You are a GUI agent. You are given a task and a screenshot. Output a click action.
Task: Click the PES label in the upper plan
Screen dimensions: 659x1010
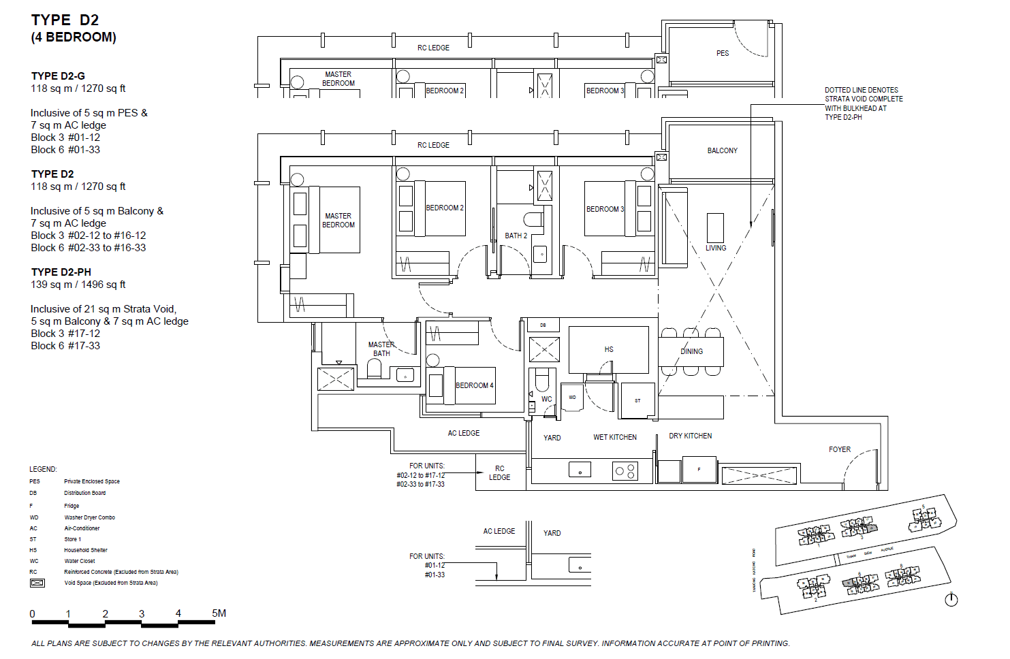pos(722,53)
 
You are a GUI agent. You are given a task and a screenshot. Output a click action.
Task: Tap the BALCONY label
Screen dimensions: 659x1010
pos(722,150)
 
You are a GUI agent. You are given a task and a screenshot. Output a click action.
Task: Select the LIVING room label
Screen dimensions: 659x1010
pos(715,248)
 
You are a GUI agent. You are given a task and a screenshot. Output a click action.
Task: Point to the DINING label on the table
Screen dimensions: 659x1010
pos(691,351)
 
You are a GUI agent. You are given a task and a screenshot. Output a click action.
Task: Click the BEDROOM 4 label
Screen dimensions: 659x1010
pos(474,385)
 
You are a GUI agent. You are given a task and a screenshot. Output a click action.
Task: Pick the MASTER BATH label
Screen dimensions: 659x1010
pos(381,349)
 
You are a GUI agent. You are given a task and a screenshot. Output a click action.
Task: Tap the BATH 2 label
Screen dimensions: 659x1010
pos(516,236)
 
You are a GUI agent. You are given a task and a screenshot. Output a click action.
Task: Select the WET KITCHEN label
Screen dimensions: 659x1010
pos(614,437)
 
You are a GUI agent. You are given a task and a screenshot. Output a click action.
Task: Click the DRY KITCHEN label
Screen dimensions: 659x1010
pos(690,436)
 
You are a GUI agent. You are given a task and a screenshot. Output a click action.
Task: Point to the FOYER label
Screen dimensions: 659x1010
pos(839,449)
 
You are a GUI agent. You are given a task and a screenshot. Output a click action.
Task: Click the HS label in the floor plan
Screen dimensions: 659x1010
pos(608,349)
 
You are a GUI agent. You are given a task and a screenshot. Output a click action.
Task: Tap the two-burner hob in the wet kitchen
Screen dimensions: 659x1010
pos(625,470)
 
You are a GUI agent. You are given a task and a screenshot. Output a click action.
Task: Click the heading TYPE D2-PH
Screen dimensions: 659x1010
pos(61,272)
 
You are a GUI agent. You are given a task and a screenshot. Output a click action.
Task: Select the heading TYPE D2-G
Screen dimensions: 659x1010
pos(58,76)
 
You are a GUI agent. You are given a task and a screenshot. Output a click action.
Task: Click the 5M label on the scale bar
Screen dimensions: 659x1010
pos(219,613)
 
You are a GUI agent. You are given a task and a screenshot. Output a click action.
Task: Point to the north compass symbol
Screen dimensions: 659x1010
pos(951,600)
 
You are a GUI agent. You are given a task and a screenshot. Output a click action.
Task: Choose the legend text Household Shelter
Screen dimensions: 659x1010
pos(86,550)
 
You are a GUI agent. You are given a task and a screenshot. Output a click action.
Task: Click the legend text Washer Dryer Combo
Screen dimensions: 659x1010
pos(89,517)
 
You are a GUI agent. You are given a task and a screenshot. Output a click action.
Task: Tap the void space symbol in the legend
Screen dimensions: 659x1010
pos(37,583)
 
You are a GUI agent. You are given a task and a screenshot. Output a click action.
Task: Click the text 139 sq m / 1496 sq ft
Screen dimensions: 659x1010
pos(78,285)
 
